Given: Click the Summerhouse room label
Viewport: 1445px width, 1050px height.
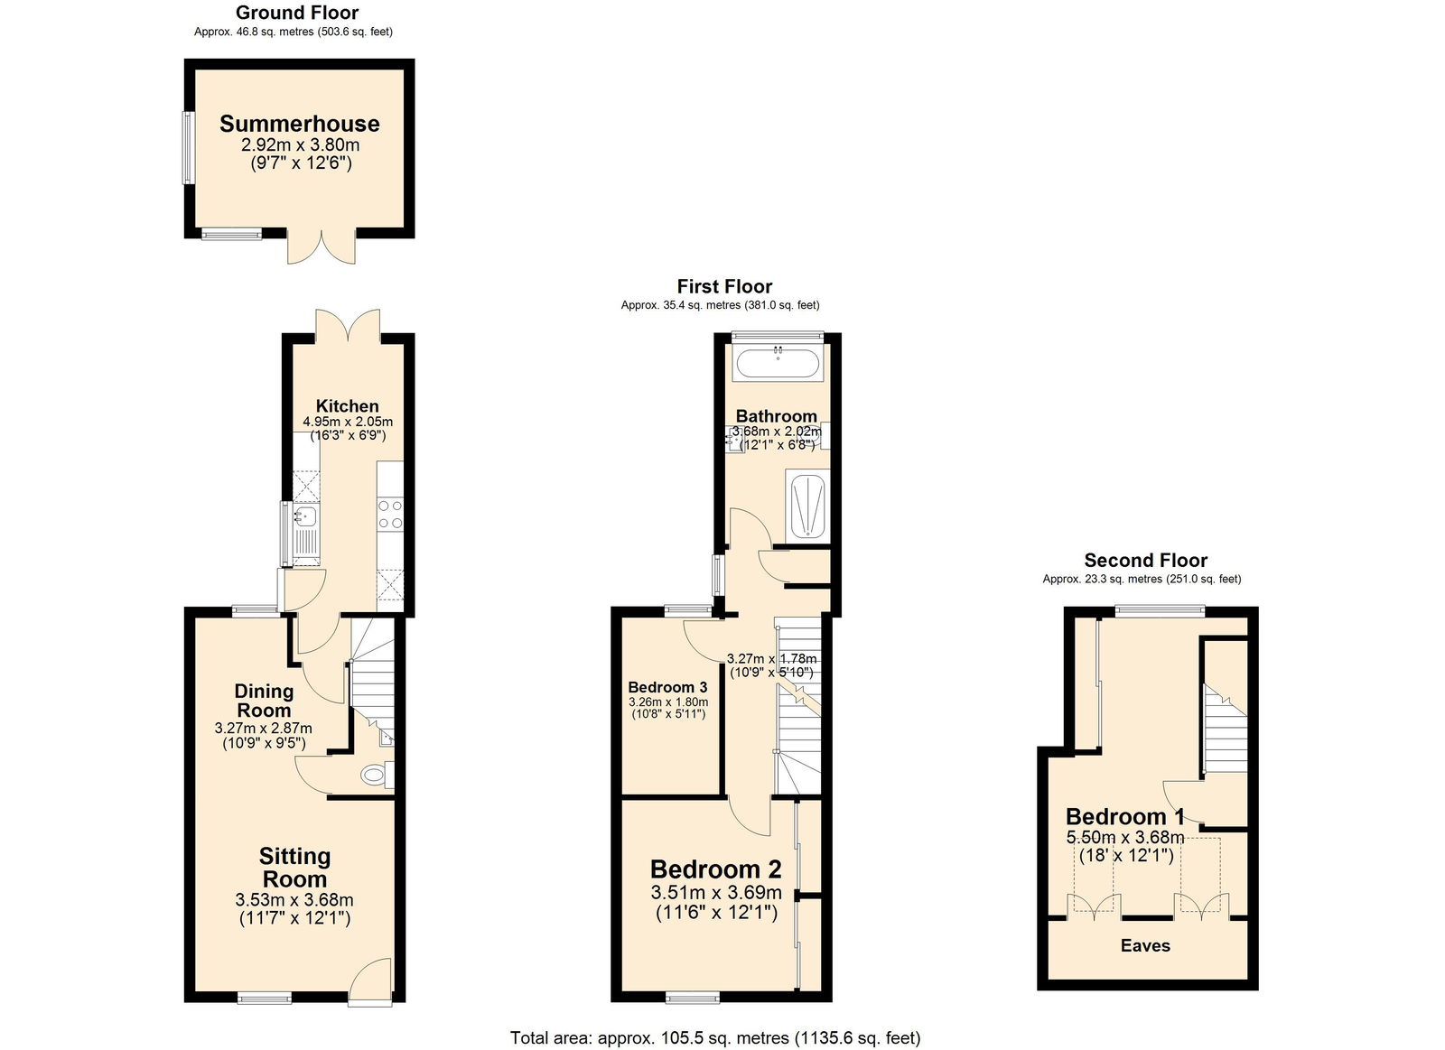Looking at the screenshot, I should [299, 124].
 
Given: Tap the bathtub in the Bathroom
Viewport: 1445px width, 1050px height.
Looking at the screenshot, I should [778, 365].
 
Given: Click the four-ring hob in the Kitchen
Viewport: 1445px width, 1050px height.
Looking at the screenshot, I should [390, 515].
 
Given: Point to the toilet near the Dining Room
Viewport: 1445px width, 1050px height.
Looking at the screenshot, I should [372, 775].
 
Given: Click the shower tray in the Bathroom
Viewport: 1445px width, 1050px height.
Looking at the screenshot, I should [807, 507].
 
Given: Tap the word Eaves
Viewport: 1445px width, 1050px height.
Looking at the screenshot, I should [1145, 945].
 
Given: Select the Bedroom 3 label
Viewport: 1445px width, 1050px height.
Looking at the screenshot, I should [667, 687].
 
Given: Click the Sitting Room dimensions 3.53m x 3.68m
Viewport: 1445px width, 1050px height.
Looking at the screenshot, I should [294, 899].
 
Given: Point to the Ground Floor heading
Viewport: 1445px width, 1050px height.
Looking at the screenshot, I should [297, 13].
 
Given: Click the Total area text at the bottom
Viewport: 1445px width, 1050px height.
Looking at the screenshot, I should [715, 1037].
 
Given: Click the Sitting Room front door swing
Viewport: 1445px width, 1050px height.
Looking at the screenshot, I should [370, 980].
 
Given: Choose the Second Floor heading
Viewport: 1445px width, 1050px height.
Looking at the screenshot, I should [1145, 560].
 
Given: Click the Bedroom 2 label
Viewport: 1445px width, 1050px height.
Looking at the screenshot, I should [715, 869].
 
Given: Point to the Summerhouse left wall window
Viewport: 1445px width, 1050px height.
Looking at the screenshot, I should [188, 147].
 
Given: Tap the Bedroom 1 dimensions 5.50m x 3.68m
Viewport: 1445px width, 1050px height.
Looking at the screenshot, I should [1125, 837].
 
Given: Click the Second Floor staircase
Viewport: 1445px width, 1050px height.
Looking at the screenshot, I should [1224, 729].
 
